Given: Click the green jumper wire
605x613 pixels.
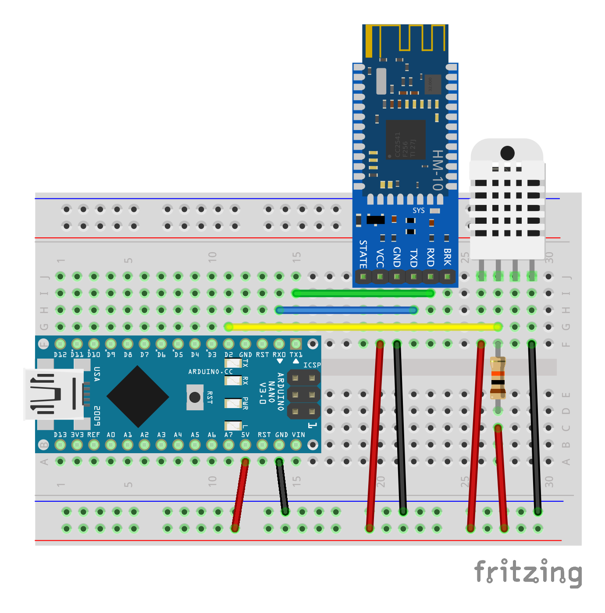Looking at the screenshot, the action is tap(363, 293).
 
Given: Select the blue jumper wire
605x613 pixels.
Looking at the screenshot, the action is tap(346, 310).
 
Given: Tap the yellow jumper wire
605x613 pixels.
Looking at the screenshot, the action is tap(363, 327).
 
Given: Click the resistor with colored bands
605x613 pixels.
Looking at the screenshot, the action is tap(498, 377).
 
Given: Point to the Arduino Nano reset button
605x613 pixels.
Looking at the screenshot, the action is tap(195, 397).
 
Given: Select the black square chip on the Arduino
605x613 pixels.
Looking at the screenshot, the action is tap(138, 397).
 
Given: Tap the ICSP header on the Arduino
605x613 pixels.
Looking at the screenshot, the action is tap(303, 394).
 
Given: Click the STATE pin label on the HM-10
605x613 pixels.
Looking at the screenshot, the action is tap(363, 254).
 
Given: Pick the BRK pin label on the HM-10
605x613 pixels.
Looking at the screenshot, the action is tap(447, 257).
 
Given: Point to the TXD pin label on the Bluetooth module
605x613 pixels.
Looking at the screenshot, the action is tap(413, 257).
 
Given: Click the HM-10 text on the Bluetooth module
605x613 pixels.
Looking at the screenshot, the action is tap(438, 170).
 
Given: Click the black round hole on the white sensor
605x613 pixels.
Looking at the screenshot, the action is tap(507, 153).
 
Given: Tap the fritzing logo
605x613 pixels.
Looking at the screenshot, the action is tap(528, 573).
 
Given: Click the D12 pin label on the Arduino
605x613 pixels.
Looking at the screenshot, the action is tap(60, 355).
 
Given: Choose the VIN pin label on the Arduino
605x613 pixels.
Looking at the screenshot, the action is tap(298, 435).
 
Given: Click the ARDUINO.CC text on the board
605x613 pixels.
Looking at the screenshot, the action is tap(210, 372).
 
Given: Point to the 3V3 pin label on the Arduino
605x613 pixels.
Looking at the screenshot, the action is tap(77, 435).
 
